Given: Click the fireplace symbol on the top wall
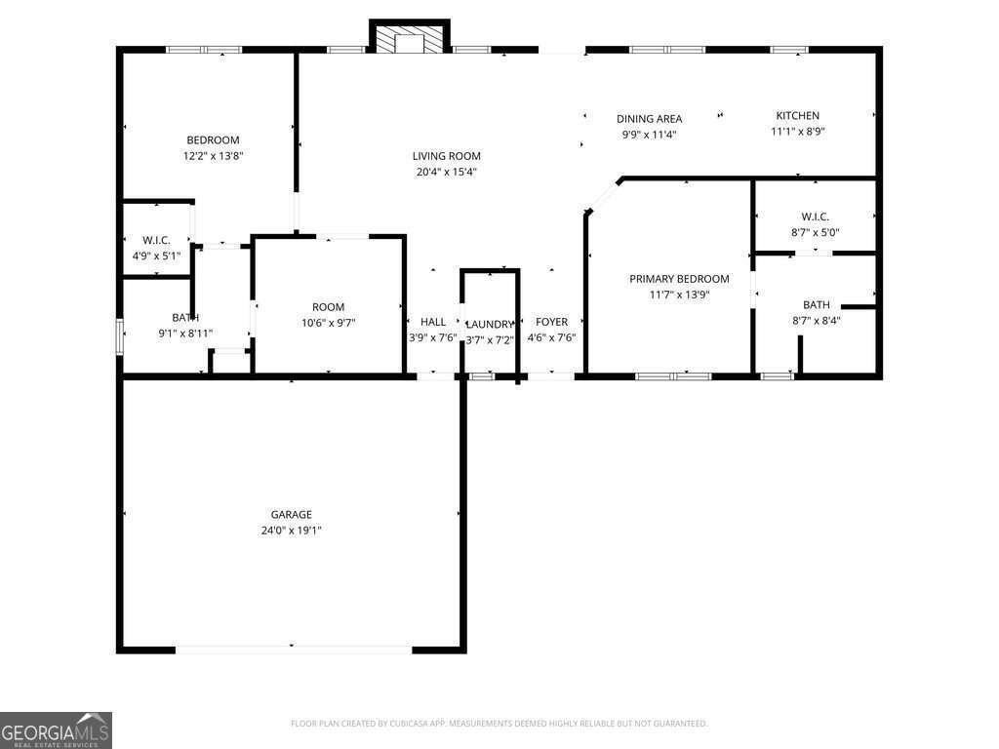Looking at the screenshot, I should (409, 40).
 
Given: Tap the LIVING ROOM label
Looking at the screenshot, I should (446, 156).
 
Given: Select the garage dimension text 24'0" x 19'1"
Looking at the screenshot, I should (291, 531).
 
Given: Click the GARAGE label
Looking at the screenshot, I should (291, 515).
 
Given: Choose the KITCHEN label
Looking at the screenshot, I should (797, 115).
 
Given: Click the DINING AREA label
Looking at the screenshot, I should (649, 119).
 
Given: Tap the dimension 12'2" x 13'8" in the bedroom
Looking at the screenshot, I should (213, 156).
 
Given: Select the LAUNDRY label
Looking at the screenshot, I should (489, 325).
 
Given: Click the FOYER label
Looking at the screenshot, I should (551, 322).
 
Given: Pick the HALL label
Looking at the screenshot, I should (433, 322).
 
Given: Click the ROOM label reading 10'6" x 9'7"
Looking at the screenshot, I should (328, 307).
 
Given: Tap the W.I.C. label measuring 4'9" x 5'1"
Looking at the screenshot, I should (156, 240).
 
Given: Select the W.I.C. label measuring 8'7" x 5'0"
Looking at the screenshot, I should (815, 217).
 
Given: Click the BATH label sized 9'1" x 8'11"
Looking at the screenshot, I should (185, 318).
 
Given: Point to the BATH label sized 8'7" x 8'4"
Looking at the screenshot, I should (817, 305).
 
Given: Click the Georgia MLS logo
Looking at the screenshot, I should (56, 730).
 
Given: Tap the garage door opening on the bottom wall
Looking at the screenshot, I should (293, 649).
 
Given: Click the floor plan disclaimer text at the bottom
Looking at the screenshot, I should (499, 724).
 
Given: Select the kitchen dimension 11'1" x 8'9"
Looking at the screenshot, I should (797, 132).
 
